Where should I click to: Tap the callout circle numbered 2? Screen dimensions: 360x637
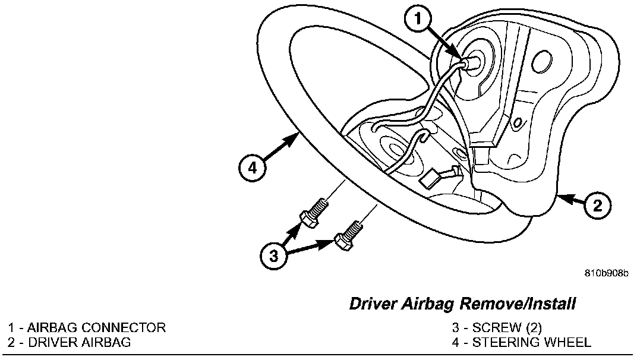[x=598, y=206]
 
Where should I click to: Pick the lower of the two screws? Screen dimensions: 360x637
[x=348, y=233]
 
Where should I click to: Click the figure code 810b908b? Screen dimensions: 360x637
[x=606, y=274]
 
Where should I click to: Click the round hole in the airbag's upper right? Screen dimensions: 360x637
[x=543, y=61]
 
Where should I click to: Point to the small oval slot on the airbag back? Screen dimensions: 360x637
[x=517, y=122]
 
